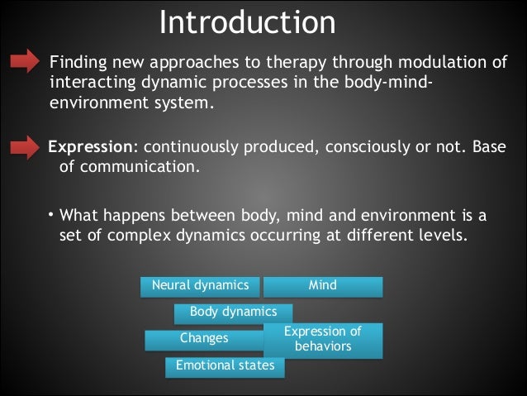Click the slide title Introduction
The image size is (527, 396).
click(x=247, y=22)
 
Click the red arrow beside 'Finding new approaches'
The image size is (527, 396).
click(x=25, y=61)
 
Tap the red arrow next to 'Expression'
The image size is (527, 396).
click(x=25, y=147)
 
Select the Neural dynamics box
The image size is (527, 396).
click(x=200, y=286)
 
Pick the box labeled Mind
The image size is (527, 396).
click(x=323, y=286)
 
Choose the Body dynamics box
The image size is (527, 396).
click(x=233, y=313)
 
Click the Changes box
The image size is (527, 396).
click(x=204, y=339)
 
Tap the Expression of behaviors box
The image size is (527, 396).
click(x=323, y=340)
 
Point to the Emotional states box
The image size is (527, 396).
click(x=225, y=366)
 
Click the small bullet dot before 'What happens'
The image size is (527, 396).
click(x=50, y=215)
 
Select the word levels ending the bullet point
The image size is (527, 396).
click(x=444, y=236)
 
